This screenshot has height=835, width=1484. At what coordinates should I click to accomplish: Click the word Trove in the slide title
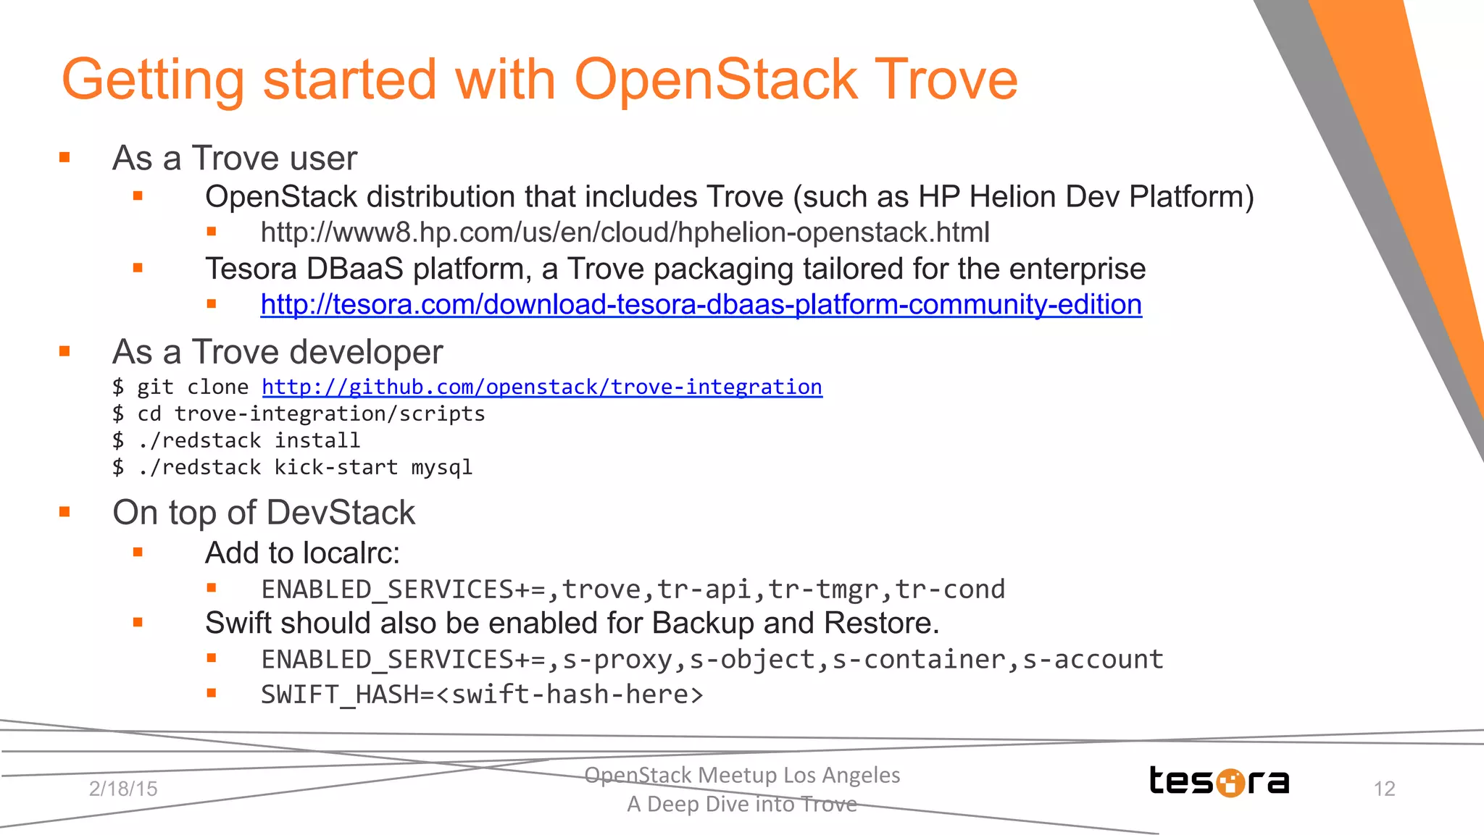click(946, 80)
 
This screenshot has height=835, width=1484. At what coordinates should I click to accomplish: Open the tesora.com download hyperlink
click(701, 305)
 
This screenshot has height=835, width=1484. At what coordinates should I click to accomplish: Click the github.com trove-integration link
click(541, 387)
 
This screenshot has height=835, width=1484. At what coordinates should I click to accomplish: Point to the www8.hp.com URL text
click(625, 233)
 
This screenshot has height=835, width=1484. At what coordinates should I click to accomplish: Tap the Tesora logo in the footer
click(1219, 781)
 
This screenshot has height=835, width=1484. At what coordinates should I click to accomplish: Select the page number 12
click(1384, 789)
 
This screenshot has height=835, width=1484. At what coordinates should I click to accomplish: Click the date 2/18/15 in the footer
click(123, 789)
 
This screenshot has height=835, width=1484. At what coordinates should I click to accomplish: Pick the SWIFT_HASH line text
click(482, 695)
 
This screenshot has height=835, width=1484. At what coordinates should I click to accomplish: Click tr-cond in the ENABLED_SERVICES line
click(950, 589)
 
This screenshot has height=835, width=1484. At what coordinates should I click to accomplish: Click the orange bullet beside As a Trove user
click(64, 157)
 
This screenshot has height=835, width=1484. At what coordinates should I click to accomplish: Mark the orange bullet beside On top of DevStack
click(64, 512)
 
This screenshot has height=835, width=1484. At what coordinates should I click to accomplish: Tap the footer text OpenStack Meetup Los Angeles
click(742, 775)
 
